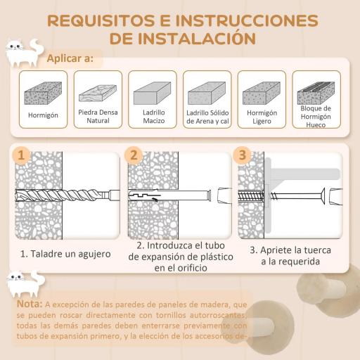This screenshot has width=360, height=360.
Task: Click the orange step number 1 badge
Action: point(24,155)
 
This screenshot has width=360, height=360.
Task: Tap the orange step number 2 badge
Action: point(134,155)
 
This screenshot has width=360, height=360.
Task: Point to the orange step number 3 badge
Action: point(243,155)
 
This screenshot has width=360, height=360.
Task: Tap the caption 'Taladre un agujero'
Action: point(65,253)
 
